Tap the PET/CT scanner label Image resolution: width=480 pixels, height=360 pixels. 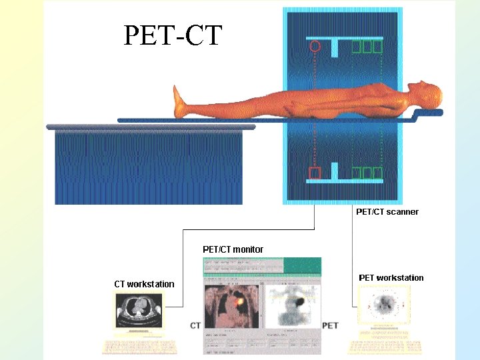point(387,212)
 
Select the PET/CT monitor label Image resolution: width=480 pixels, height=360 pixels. point(233,249)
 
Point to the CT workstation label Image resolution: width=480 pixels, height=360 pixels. point(144,284)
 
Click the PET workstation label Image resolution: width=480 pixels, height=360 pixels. point(391,278)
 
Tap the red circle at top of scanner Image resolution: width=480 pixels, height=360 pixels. point(315,47)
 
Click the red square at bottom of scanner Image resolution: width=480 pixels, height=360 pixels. point(315,173)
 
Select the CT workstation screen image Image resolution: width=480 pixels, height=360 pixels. point(139,310)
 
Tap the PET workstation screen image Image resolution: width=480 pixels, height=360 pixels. point(384,306)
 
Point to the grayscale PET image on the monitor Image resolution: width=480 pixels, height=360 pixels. point(292,307)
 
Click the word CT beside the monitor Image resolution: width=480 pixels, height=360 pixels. point(195,325)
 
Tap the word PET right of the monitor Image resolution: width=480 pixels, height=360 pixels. point(331,325)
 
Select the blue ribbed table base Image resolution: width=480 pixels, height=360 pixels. point(148,167)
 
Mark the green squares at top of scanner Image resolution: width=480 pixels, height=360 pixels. point(367,47)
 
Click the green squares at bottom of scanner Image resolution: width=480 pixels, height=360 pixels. point(367,173)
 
